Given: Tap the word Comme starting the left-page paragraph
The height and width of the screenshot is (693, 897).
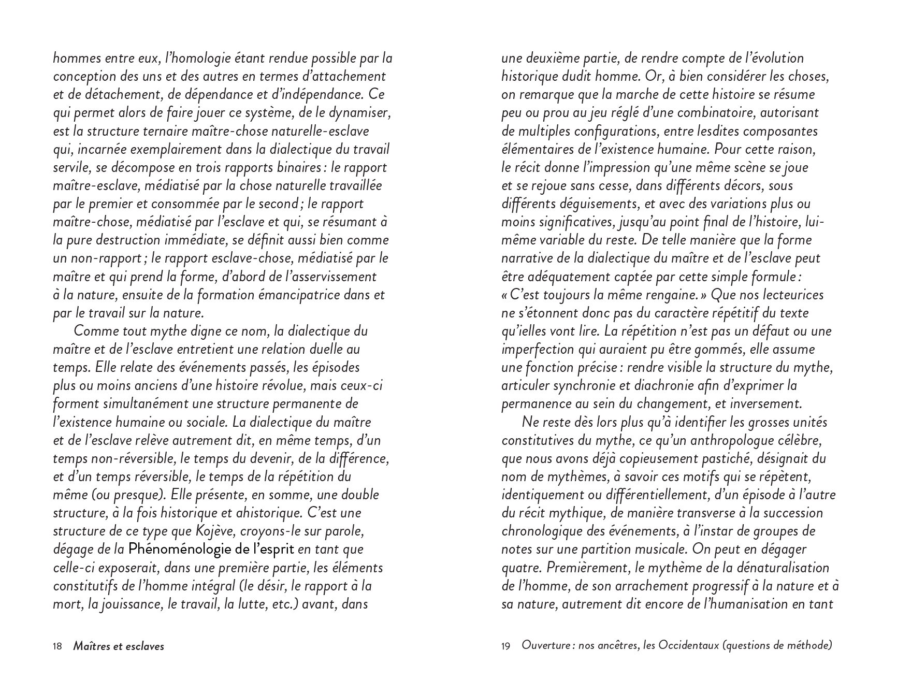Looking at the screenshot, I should pos(95,331).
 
